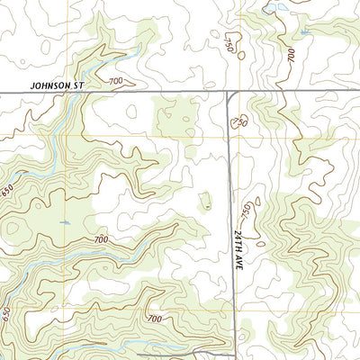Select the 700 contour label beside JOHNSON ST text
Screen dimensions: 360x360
click(115, 82)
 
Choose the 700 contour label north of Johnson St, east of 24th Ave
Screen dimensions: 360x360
click(290, 53)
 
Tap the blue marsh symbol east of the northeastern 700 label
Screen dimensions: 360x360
click(305, 33)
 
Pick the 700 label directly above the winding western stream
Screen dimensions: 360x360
click(99, 240)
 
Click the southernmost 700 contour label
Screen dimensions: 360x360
click(154, 319)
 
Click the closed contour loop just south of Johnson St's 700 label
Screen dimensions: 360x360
click(131, 112)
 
